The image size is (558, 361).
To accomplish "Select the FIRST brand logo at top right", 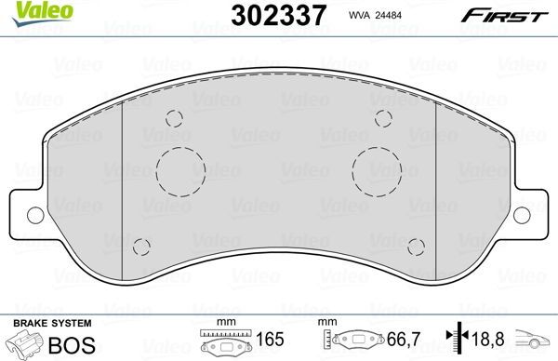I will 514,15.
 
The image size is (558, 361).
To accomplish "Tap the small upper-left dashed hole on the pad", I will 172,118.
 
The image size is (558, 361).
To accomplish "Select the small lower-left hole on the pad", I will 141,247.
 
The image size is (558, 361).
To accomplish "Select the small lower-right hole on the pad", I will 415,247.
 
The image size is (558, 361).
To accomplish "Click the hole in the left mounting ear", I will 35,213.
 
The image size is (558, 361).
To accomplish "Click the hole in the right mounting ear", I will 522,213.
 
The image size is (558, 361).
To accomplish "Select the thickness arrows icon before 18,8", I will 457,341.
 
